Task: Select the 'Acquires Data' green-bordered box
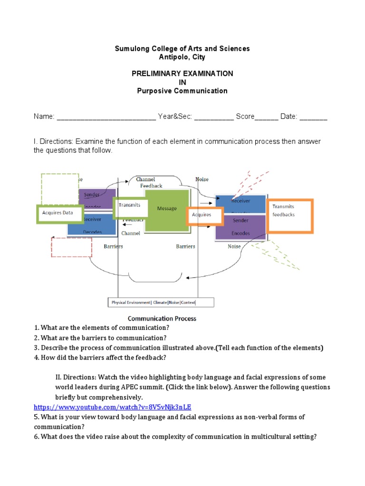click(60, 213)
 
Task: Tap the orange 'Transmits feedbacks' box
click(290, 216)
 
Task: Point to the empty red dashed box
click(71, 247)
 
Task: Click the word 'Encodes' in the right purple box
click(240, 234)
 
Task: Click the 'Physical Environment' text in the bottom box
click(131, 302)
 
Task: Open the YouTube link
click(112, 407)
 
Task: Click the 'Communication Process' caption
click(162, 318)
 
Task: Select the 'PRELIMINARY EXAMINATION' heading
click(182, 74)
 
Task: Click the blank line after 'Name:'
click(106, 117)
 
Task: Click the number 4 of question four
click(36, 357)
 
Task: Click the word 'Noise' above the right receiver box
click(202, 179)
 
